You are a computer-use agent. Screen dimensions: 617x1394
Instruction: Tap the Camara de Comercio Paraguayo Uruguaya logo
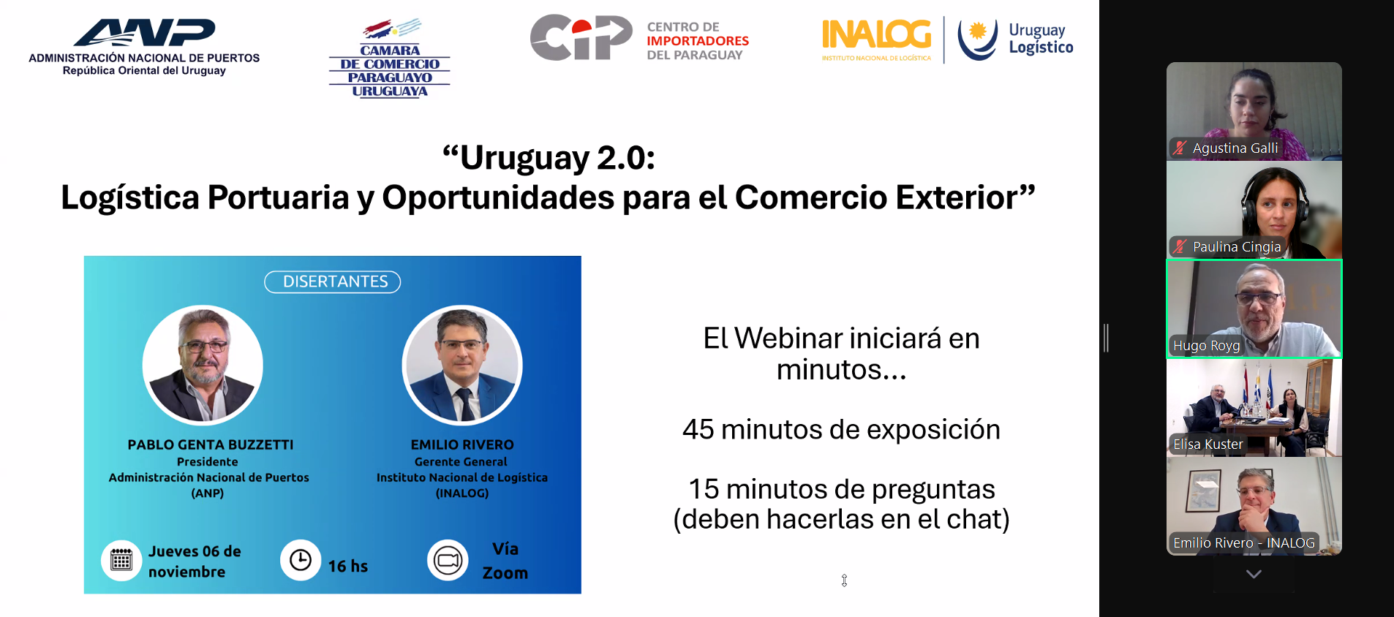(389, 58)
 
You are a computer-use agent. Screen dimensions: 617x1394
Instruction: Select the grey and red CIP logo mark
(581, 37)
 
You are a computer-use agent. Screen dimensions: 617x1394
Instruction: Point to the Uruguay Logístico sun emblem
(978, 38)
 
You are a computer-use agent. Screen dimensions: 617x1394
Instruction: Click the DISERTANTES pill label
(333, 281)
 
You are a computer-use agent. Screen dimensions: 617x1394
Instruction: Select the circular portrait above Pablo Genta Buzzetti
(203, 364)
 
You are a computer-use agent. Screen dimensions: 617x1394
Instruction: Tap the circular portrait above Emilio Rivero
(461, 364)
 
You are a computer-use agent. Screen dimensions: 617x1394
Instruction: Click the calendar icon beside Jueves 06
(121, 561)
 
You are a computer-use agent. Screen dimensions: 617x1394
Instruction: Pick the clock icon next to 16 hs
(301, 560)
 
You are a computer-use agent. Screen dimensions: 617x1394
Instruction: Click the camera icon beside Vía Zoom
(448, 561)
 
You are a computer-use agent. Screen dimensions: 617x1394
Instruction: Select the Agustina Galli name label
(1235, 148)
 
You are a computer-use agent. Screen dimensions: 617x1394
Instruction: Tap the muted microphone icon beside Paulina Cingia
(1179, 246)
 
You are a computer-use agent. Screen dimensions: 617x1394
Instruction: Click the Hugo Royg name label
(1206, 346)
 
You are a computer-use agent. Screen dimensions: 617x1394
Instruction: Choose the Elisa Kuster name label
(1207, 444)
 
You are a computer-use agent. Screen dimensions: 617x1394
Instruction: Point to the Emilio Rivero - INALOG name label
(1243, 543)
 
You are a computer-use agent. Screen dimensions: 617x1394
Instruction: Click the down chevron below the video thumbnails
(1254, 574)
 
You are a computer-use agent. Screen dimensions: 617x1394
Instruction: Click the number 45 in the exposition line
(698, 430)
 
